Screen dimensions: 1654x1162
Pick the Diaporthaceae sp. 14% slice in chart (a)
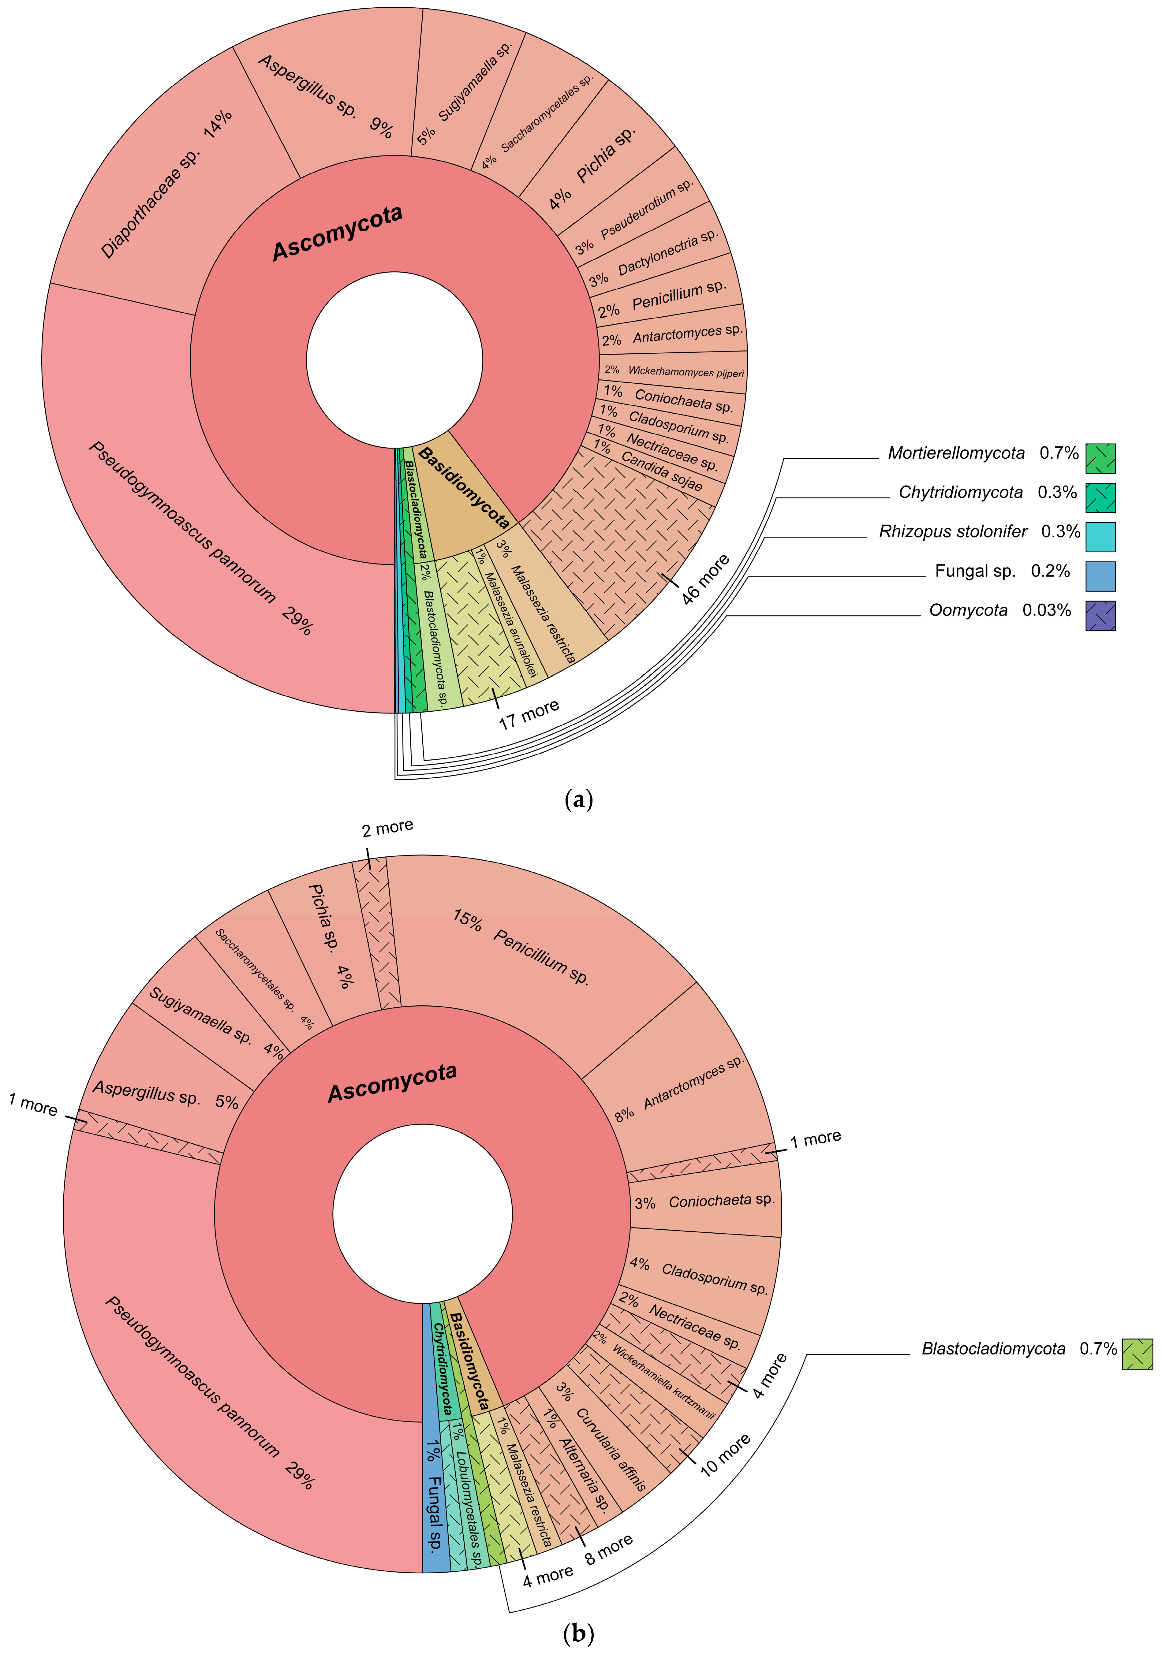pyautogui.click(x=166, y=187)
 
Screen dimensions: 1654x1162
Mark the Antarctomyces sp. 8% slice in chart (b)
pyautogui.click(x=684, y=1088)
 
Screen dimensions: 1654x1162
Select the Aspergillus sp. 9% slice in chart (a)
pyautogui.click(x=324, y=94)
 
